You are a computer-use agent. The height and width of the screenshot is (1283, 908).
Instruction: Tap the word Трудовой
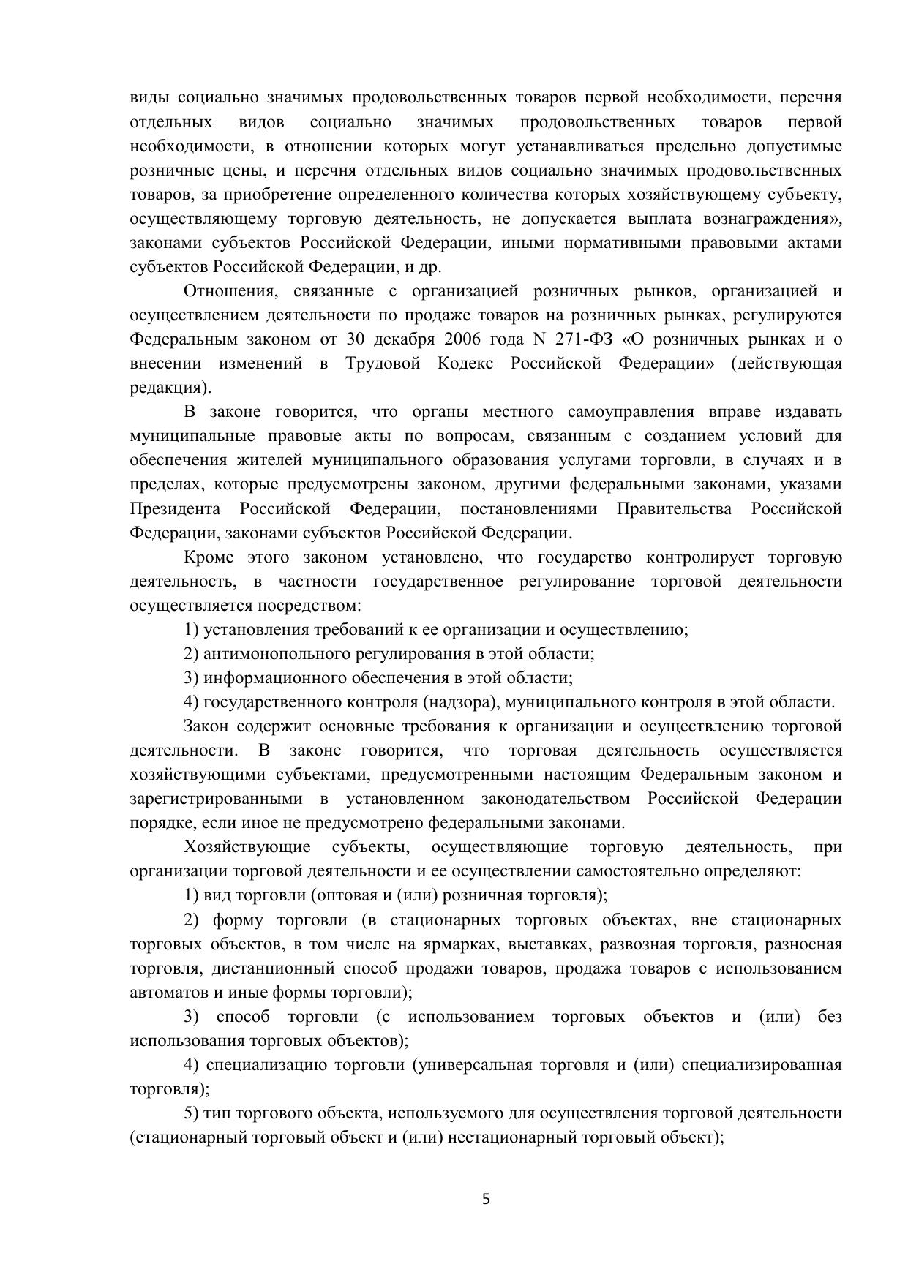pyautogui.click(x=383, y=364)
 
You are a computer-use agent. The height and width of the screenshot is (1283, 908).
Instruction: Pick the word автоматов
pyautogui.click(x=165, y=993)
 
